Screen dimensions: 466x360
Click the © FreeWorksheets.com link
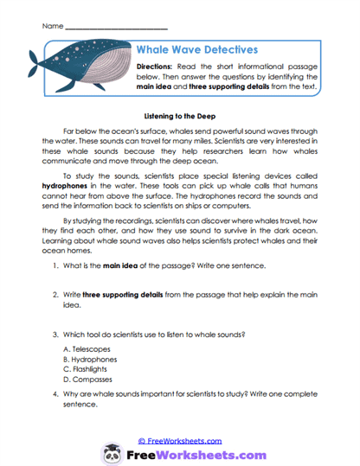[x=179, y=439]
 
